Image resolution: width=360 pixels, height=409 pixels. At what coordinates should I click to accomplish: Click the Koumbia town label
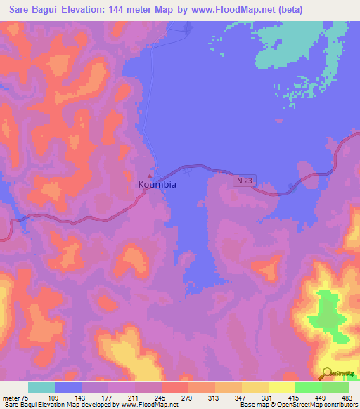157,184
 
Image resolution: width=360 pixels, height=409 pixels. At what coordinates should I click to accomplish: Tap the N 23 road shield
243,181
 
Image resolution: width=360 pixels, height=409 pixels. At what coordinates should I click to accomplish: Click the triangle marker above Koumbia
150,176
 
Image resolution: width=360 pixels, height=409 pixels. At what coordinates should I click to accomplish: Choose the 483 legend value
335,397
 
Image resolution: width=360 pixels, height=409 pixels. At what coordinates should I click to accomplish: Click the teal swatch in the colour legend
41,387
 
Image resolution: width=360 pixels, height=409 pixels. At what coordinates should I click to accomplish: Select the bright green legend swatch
309,387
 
